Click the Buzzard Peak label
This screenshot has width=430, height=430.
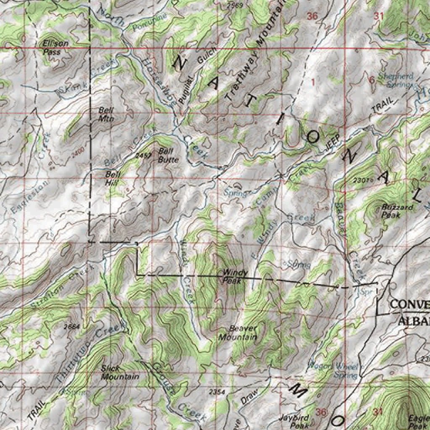pos(391,210)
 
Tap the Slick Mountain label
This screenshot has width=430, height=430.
pos(120,372)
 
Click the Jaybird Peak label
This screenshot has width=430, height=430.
pos(294,421)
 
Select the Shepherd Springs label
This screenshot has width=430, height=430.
pos(396,80)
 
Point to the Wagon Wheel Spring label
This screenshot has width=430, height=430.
pos(334,370)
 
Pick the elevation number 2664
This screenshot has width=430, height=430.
pos(72,326)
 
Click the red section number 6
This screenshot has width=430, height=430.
pos(371,80)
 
